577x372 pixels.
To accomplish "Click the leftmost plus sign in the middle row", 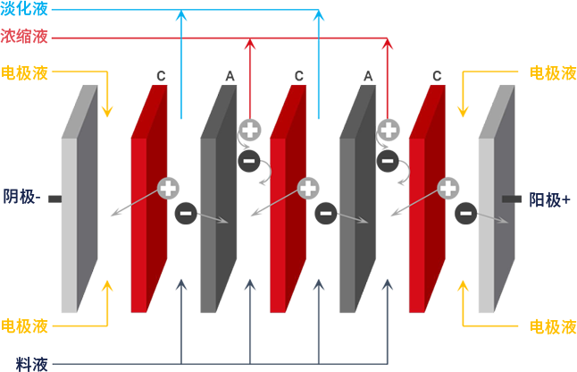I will point(167,188).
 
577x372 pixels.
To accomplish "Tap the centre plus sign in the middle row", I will point(307,188).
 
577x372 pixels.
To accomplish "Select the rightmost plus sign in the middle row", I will point(447,188).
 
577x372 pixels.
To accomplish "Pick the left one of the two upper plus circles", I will point(249,131).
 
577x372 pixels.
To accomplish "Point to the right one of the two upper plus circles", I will point(388,131).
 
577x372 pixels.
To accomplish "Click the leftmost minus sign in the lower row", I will point(185,215).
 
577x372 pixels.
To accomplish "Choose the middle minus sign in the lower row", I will point(324,215).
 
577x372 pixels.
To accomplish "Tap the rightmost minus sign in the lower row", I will point(464,215).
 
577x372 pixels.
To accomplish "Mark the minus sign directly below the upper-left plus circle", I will point(249,161).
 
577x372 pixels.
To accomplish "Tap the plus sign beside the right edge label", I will point(565,199).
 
